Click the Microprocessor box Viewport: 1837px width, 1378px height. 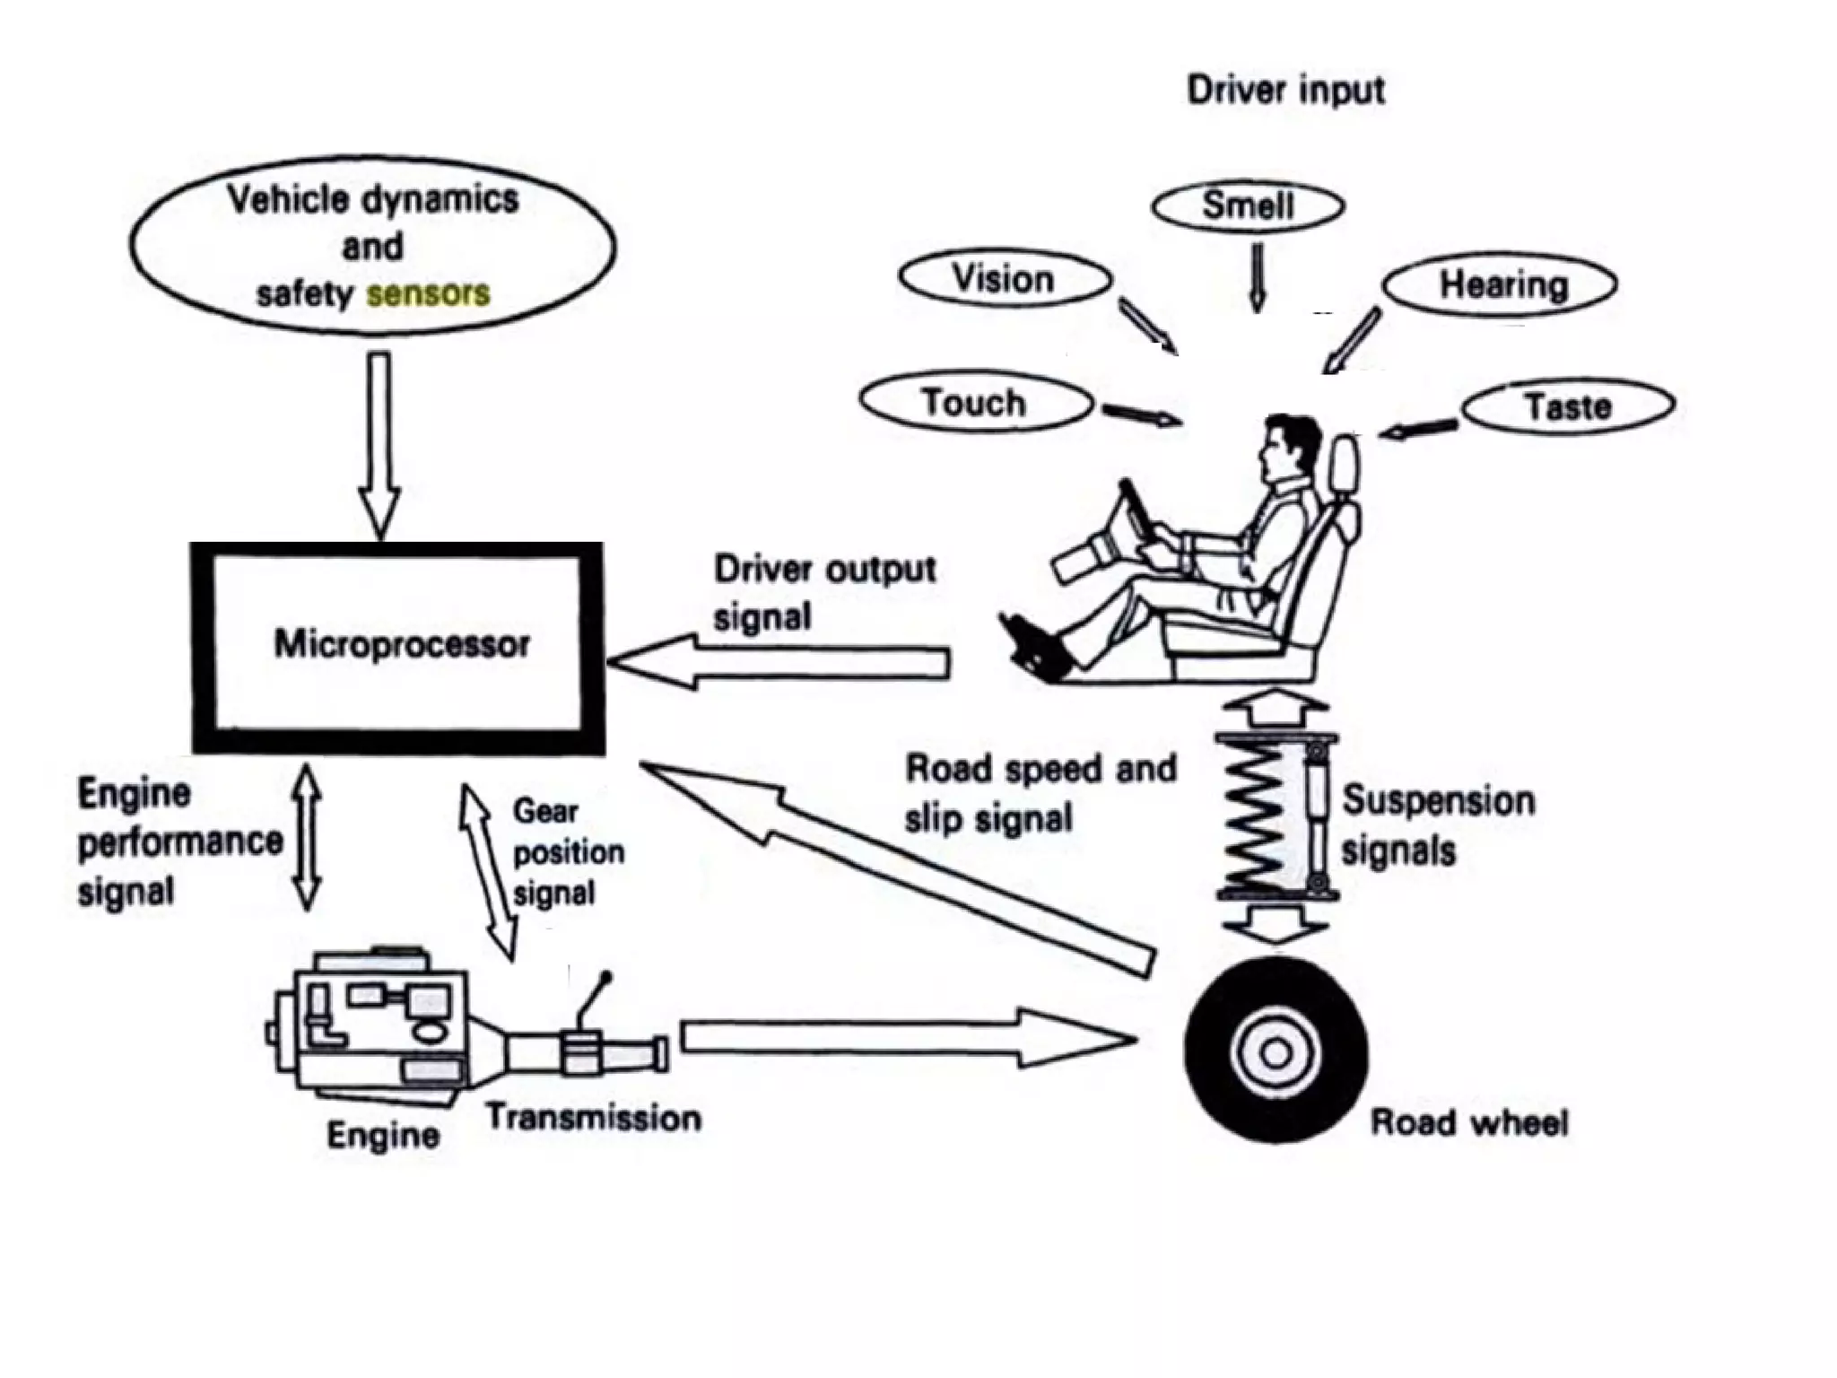point(398,647)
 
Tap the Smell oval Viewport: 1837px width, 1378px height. point(1248,206)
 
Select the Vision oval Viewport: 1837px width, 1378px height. point(1005,279)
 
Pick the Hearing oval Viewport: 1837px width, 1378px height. point(1500,285)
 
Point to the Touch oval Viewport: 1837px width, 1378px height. point(975,403)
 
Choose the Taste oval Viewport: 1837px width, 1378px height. point(1568,406)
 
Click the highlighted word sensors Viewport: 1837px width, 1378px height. point(429,293)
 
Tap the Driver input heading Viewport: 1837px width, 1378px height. point(1285,91)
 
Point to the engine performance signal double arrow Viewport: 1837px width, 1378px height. point(308,837)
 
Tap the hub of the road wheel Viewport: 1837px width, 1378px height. point(1275,1052)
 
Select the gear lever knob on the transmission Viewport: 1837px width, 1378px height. point(605,977)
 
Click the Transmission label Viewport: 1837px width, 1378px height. point(594,1118)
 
